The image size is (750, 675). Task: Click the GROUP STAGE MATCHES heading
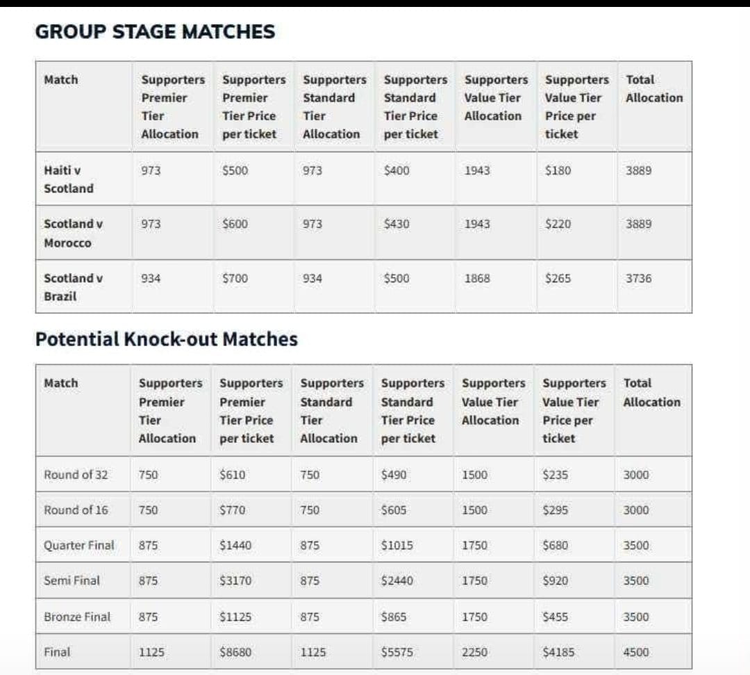[155, 32]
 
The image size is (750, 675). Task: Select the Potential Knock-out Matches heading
[166, 339]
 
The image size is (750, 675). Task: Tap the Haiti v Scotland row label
[68, 179]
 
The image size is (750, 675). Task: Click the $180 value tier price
[558, 170]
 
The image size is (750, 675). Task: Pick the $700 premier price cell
[235, 279]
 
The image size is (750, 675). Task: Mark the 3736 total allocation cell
[638, 279]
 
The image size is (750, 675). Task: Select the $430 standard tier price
[396, 225]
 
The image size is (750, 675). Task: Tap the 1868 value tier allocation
[477, 279]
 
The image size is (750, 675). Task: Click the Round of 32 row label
[76, 475]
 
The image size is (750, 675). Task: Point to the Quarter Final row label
[78, 546]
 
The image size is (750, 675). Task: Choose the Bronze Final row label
[76, 617]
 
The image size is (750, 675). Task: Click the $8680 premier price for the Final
[235, 653]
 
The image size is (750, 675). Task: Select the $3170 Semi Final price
[235, 581]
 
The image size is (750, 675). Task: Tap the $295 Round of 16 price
[556, 510]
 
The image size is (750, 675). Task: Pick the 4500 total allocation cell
[636, 653]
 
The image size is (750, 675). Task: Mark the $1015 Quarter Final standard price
[397, 546]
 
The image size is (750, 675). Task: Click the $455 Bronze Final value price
[556, 617]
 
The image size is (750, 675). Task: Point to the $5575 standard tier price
[397, 653]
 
